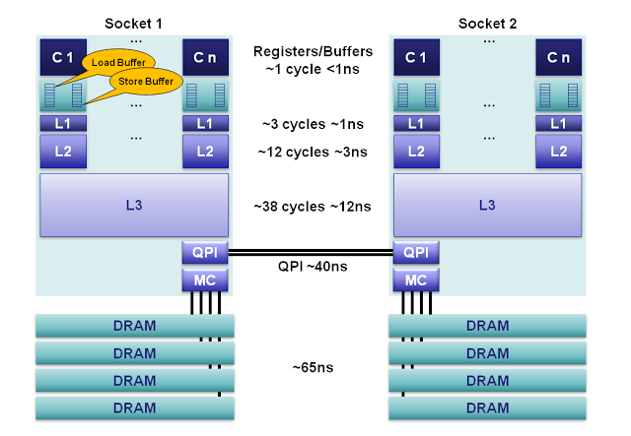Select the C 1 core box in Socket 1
(x=57, y=58)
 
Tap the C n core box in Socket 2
(x=558, y=58)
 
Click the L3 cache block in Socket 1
(x=133, y=206)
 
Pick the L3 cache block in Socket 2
(x=487, y=206)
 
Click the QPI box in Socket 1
(x=205, y=253)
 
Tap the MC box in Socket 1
(x=205, y=280)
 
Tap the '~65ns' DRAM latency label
(x=312, y=368)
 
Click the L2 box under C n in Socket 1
(x=205, y=151)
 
